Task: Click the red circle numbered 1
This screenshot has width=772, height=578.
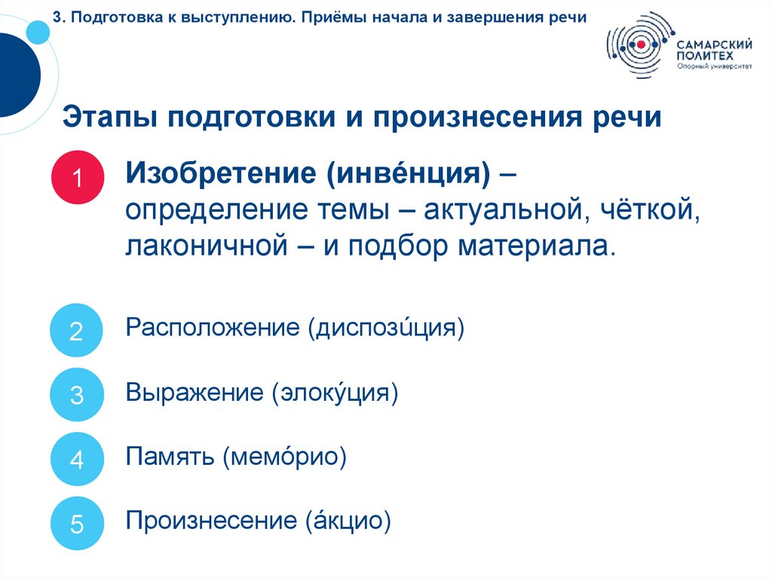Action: [x=76, y=178]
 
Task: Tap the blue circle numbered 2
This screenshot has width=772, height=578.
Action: [x=76, y=330]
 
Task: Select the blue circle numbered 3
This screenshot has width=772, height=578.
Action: [x=76, y=395]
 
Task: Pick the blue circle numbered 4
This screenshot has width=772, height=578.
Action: [x=76, y=459]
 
